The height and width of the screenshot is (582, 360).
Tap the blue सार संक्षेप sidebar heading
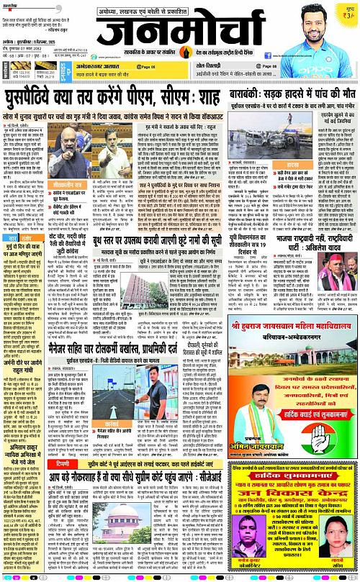(21, 237)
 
